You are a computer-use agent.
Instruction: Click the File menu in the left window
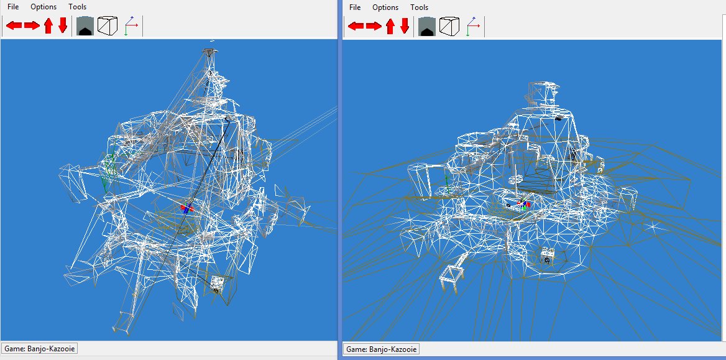(x=13, y=7)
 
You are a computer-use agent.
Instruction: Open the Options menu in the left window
(x=44, y=7)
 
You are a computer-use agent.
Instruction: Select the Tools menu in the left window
(x=78, y=7)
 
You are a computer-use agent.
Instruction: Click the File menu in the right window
(x=355, y=7)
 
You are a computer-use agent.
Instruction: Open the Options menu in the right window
(x=385, y=7)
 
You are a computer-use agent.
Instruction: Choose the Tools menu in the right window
(x=420, y=7)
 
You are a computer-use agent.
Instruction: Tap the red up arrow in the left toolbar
(x=48, y=26)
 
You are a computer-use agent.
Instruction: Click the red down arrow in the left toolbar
(x=63, y=26)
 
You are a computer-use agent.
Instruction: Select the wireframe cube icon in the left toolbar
(x=108, y=26)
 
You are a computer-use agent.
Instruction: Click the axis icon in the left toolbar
(x=131, y=26)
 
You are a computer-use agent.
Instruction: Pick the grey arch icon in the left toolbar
(x=85, y=26)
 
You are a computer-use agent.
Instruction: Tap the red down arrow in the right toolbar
(x=405, y=26)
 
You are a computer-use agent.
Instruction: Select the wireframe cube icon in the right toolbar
(x=449, y=26)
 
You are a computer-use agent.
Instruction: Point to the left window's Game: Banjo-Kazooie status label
(x=40, y=348)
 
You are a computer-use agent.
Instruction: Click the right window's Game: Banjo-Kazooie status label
(x=382, y=349)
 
